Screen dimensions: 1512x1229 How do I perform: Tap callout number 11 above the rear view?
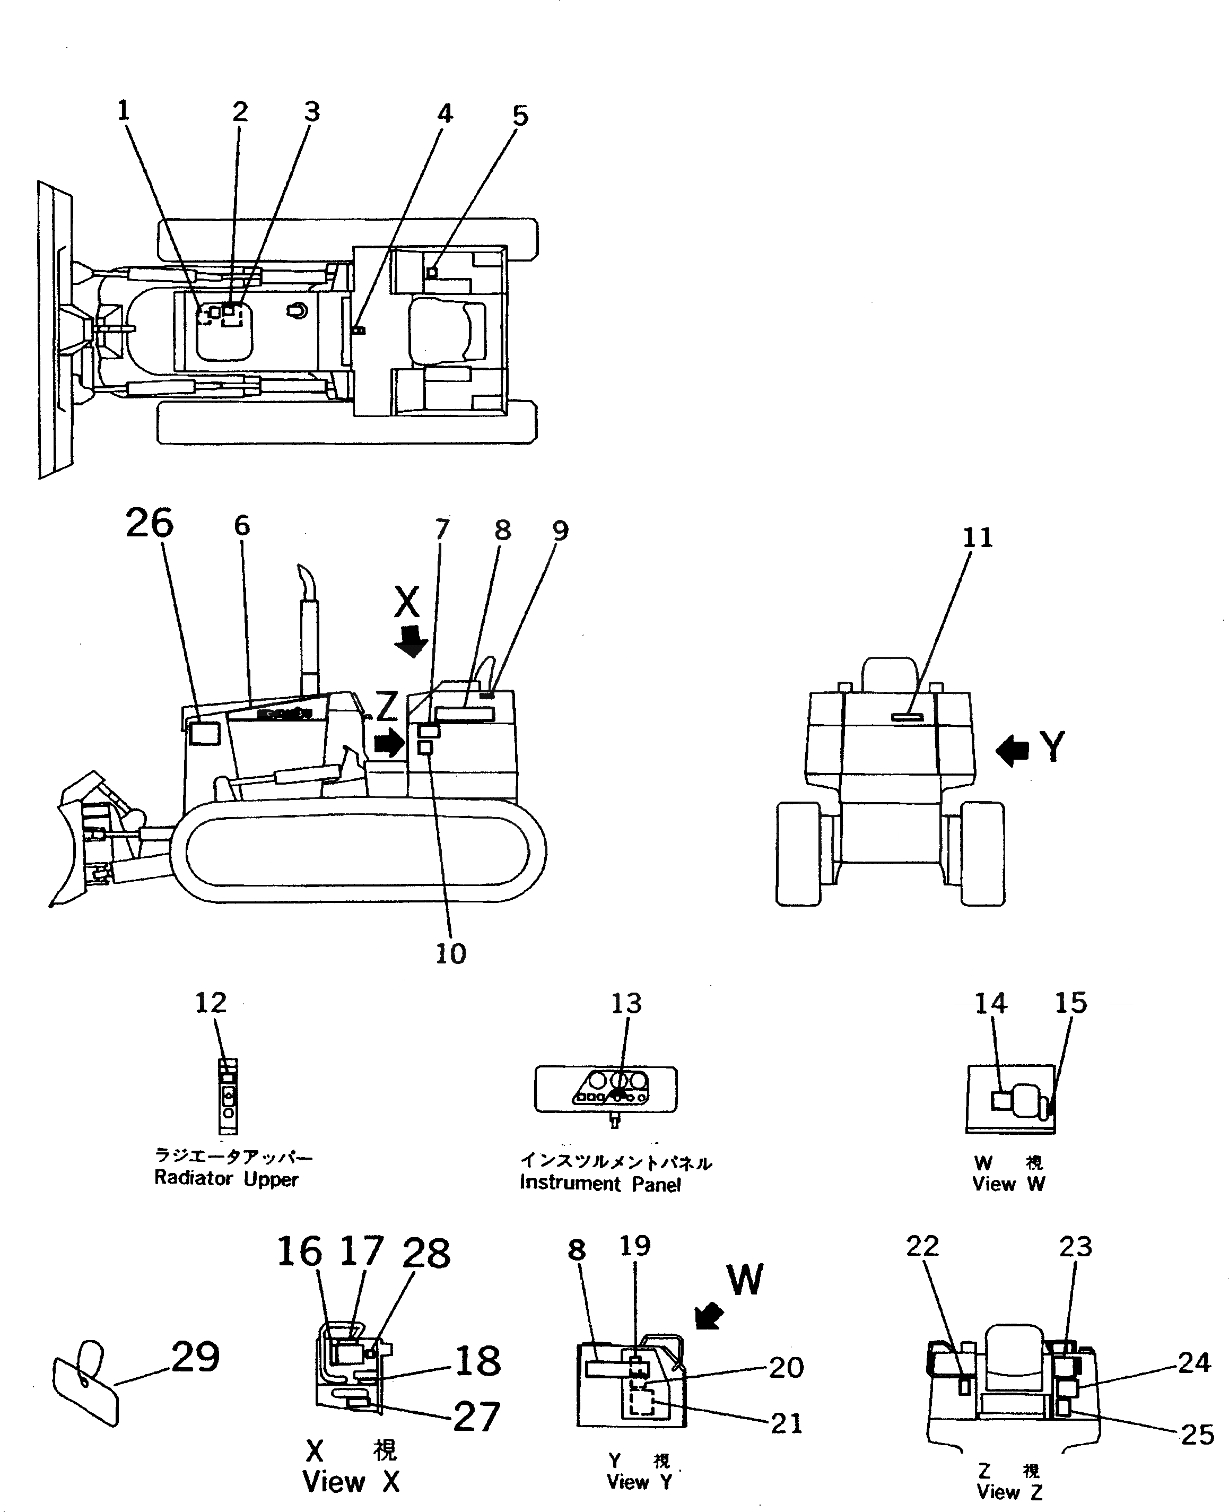[978, 538]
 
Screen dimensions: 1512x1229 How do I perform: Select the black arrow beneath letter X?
[411, 640]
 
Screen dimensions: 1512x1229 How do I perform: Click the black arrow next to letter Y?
[1012, 750]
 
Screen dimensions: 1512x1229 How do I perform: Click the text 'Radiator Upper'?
[226, 1179]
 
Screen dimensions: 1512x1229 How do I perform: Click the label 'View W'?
[1008, 1184]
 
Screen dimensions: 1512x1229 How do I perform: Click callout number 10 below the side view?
[450, 953]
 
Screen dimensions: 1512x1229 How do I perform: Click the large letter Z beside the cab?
[387, 706]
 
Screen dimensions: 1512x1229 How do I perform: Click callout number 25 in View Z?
[1197, 1435]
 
